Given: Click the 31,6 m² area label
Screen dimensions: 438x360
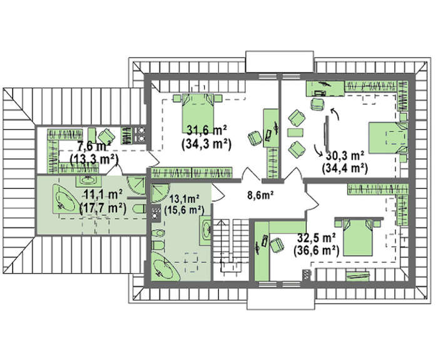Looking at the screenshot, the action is (206, 130).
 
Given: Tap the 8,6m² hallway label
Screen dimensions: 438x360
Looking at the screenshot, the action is (260, 195).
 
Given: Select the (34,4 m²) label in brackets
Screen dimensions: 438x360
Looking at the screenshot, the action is (344, 168).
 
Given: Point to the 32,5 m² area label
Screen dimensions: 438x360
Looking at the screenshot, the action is (317, 238).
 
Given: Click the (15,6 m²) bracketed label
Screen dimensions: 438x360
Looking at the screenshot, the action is (184, 210).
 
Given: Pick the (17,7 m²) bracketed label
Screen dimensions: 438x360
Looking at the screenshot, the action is (103, 208).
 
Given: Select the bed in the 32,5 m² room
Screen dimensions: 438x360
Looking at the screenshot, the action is (358, 237).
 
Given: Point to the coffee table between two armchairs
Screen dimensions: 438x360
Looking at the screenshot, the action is (295, 133).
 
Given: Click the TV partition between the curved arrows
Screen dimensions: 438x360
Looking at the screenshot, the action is (326, 135).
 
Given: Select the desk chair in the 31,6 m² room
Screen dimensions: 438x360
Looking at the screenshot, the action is (255, 138).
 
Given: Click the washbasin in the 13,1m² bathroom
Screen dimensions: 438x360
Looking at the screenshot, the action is (205, 230).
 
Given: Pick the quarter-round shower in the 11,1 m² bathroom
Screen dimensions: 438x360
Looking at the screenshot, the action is (136, 185).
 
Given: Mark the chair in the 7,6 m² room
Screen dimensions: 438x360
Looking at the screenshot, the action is (106, 136).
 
